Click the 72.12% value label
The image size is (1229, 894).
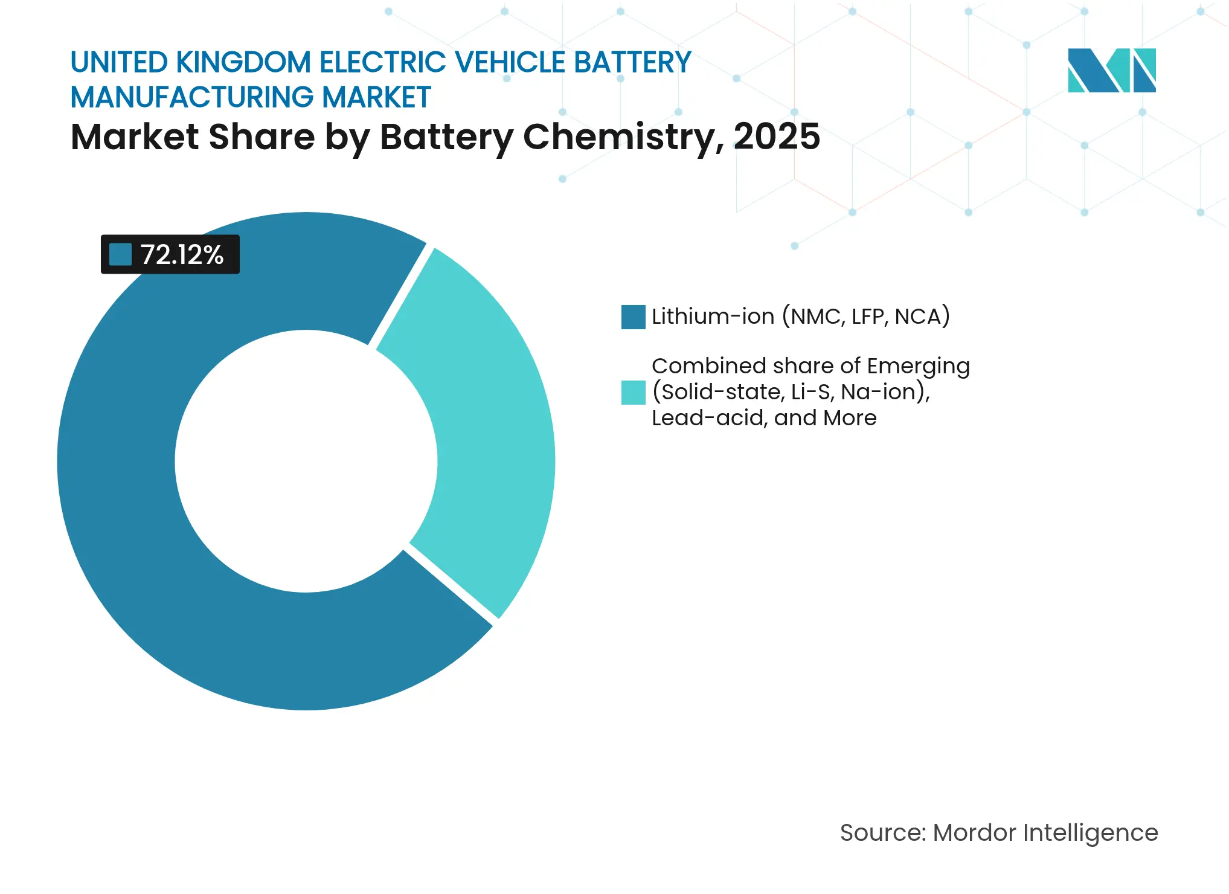pyautogui.click(x=182, y=255)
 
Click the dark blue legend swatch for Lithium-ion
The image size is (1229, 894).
pyautogui.click(x=633, y=317)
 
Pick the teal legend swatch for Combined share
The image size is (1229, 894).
pyautogui.click(x=633, y=393)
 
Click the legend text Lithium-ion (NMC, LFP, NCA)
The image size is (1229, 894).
pyautogui.click(x=800, y=317)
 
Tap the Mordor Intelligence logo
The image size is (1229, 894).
pyautogui.click(x=1111, y=70)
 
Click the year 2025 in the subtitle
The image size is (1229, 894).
pyautogui.click(x=777, y=137)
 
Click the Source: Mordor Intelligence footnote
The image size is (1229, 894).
pyautogui.click(x=999, y=832)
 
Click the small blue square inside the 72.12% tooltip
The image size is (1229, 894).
pyautogui.click(x=120, y=255)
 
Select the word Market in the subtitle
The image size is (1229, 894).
pyautogui.click(x=134, y=137)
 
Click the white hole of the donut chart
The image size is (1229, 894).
pyautogui.click(x=306, y=461)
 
